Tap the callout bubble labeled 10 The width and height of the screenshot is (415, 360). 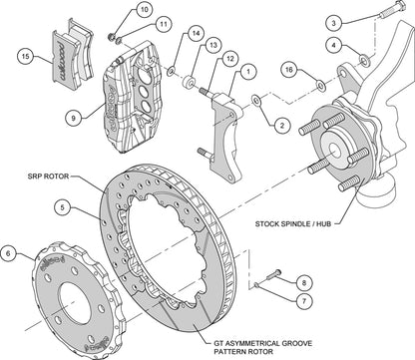145,10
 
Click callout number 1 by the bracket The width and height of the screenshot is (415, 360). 246,71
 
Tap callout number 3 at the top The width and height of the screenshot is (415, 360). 335,21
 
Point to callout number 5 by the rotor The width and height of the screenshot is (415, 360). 62,208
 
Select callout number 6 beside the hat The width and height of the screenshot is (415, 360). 10,254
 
